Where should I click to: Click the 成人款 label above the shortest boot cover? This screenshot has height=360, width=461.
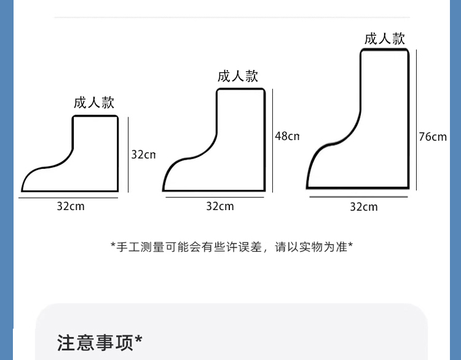coord(94,103)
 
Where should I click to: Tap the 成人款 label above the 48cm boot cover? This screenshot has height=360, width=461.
coord(238,76)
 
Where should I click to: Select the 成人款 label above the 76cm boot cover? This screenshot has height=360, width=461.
coord(385,38)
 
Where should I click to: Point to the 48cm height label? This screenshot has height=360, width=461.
coord(286,136)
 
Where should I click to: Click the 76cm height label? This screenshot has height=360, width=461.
coord(433,136)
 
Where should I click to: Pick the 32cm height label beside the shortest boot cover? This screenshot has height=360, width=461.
coord(143,154)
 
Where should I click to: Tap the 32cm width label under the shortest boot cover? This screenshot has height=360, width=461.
coord(71,206)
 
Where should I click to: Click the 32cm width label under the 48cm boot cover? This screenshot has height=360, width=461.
coord(220,206)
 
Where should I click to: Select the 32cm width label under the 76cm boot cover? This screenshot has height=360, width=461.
coord(364,207)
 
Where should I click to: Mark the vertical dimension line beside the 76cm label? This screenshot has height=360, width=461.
coord(417,120)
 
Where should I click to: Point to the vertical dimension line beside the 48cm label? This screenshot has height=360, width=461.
coord(272,140)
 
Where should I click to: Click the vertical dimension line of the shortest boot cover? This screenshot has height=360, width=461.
coord(128,155)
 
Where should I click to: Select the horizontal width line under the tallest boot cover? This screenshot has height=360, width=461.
coord(358,197)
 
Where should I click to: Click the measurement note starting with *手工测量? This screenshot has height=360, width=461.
coord(232,247)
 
